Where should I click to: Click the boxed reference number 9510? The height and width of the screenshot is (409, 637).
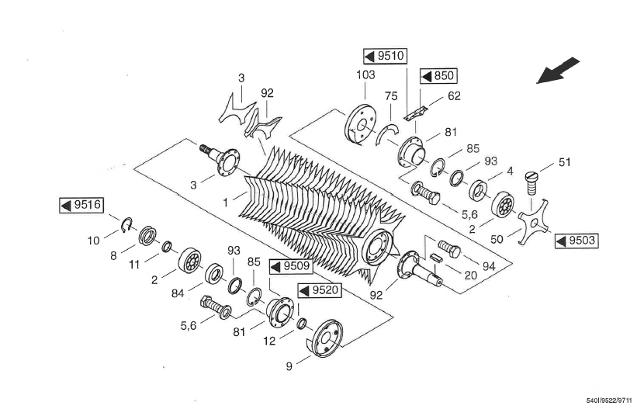pyautogui.click(x=385, y=56)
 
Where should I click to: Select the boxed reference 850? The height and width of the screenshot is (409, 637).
pyautogui.click(x=438, y=76)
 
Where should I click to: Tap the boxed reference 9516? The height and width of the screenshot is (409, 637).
pyautogui.click(x=81, y=206)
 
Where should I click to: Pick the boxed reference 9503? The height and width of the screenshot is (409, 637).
pyautogui.click(x=577, y=241)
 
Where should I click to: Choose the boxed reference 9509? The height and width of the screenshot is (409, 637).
pyautogui.click(x=291, y=267)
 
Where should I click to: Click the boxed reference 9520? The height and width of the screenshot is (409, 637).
pyautogui.click(x=320, y=291)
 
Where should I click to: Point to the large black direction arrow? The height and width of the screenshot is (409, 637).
pyautogui.click(x=558, y=71)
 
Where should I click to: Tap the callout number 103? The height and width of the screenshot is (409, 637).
pyautogui.click(x=365, y=75)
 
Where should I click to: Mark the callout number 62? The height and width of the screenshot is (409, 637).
pyautogui.click(x=454, y=96)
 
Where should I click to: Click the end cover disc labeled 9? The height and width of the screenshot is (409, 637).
pyautogui.click(x=324, y=338)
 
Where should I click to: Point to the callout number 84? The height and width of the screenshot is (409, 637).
pyautogui.click(x=178, y=293)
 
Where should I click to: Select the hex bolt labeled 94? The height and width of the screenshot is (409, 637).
pyautogui.click(x=449, y=248)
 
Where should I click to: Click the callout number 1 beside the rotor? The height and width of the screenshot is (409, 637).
pyautogui.click(x=226, y=203)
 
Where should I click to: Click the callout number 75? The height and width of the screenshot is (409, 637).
pyautogui.click(x=391, y=96)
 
